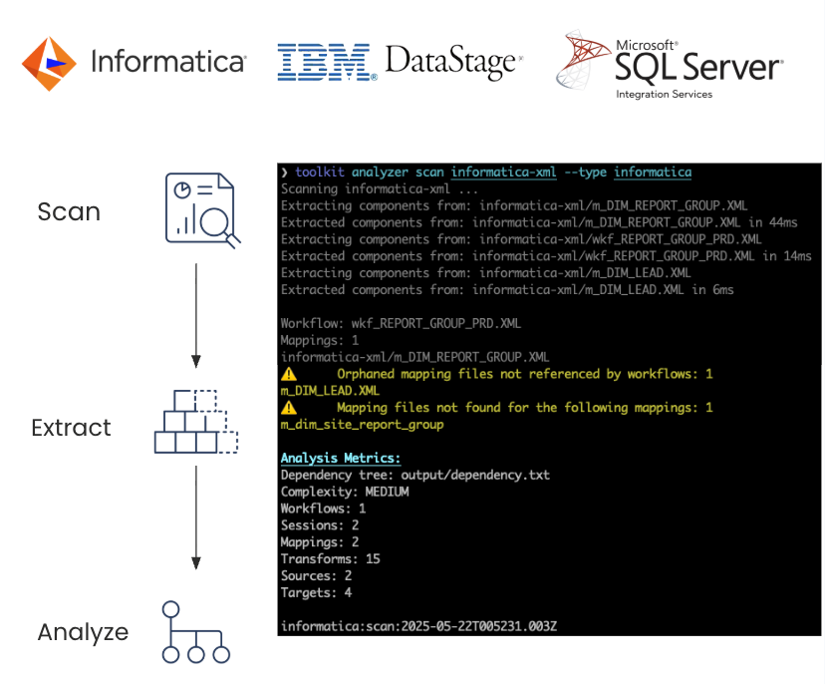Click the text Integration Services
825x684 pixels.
tap(664, 95)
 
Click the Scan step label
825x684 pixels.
tap(69, 211)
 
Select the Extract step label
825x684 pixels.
tap(71, 428)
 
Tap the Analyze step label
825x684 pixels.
tap(83, 632)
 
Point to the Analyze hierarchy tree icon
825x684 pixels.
tap(195, 632)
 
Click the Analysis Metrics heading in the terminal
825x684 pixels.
tap(341, 459)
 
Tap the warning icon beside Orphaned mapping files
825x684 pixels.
tap(289, 374)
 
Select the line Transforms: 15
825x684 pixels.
tap(331, 559)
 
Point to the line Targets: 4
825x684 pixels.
tap(316, 593)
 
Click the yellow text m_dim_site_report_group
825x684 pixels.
tap(362, 425)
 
